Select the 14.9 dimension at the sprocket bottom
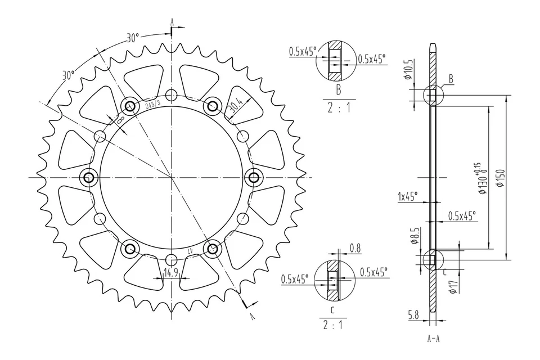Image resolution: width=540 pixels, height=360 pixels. (170, 273)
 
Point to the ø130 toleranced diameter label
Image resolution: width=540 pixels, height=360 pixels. (481, 178)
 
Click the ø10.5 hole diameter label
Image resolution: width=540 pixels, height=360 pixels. (409, 70)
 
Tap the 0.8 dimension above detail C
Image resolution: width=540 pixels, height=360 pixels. (355, 247)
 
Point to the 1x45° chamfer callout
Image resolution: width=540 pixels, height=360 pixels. (407, 196)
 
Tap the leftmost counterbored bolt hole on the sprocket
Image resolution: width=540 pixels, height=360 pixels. (89, 178)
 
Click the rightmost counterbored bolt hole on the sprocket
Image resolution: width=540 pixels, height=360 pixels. (254, 178)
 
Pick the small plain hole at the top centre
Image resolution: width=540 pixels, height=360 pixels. (172, 94)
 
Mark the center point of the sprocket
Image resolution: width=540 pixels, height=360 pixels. (172, 178)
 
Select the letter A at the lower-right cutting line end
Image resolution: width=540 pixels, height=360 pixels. (252, 316)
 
